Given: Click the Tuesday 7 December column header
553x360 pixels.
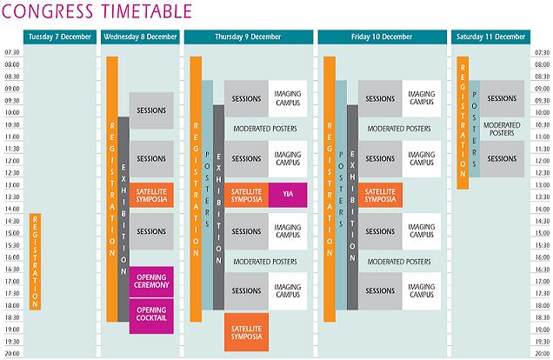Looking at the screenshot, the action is click(60, 37).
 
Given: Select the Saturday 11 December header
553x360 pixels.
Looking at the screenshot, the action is click(490, 37).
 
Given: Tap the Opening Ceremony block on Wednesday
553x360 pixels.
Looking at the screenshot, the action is click(151, 282).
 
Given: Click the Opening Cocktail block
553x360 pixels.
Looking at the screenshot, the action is click(151, 314).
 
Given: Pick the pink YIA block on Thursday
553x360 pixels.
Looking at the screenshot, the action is click(288, 195).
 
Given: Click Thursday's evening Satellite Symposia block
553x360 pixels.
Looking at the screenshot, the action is click(246, 332).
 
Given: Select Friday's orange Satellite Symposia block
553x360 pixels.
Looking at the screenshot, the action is click(380, 195).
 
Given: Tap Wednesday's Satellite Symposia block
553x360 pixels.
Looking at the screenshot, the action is click(151, 195).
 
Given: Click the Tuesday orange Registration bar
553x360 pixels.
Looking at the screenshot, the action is click(35, 262).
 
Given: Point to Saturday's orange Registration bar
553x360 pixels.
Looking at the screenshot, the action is click(463, 123).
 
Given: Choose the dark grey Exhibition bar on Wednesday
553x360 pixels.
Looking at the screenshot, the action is click(123, 219).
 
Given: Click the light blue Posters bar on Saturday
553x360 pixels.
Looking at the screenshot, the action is click(475, 129).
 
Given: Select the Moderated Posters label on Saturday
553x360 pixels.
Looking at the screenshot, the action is click(502, 129).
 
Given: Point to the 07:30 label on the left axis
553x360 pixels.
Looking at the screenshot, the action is click(12, 52).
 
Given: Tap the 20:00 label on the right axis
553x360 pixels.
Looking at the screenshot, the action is click(542, 353).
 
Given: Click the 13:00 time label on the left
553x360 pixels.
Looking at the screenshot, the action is click(12, 184).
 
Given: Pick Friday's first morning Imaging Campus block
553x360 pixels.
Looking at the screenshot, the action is click(422, 99).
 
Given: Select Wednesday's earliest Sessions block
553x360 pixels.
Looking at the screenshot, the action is click(151, 110).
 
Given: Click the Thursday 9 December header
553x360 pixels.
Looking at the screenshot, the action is click(249, 37).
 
